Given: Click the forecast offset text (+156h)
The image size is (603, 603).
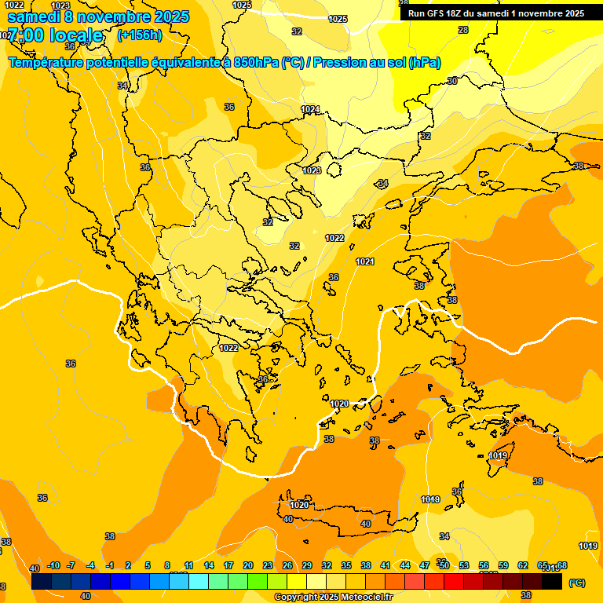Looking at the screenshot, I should point(139,35).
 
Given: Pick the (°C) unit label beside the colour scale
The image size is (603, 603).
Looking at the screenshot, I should point(576,583).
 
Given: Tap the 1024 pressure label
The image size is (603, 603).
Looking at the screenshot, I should point(311,109).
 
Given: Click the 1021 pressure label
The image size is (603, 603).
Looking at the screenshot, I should point(365,261).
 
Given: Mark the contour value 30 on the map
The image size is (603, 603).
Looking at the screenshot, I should point(452,81).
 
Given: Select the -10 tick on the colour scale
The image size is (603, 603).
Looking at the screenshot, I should point(53,565).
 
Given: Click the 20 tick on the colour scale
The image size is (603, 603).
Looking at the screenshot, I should point(248,565).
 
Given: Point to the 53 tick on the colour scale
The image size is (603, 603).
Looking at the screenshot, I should point(464,565).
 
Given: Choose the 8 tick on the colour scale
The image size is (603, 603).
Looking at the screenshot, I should point(167,565).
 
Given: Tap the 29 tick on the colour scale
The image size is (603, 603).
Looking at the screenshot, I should point(307,565).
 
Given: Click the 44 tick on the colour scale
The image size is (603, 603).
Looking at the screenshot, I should point(405,565).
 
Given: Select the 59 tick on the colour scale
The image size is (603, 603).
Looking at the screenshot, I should point(503,565).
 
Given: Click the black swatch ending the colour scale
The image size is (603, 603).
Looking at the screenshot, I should point(552,581).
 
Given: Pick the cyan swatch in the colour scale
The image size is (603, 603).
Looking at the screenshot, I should point(199,581).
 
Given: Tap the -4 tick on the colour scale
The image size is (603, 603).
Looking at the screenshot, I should point(91,565).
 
